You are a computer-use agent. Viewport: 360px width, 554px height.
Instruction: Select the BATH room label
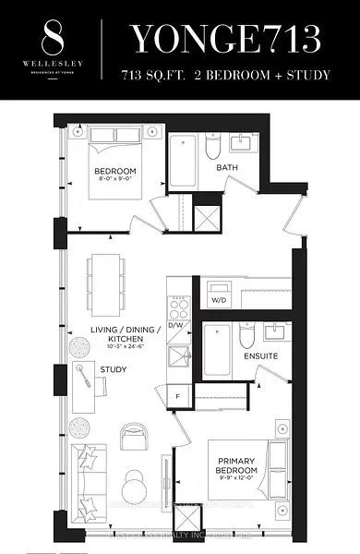tap(227, 168)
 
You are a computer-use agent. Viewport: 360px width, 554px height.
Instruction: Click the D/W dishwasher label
tap(176, 325)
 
